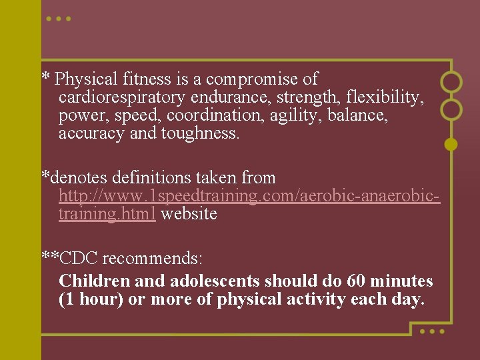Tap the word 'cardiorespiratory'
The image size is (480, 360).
[122, 98]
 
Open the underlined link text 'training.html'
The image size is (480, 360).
[107, 214]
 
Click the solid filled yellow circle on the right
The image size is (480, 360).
[451, 143]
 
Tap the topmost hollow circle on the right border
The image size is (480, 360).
[451, 81]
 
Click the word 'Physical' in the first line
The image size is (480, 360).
[87, 80]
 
